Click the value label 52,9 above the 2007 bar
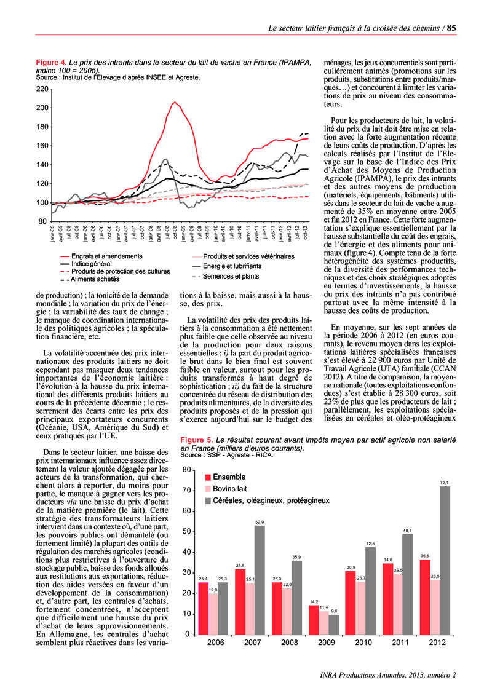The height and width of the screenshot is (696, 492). [x=260, y=522]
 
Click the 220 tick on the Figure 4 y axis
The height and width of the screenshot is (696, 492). [x=41, y=89]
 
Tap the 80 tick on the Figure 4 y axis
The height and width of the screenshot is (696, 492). [x=43, y=221]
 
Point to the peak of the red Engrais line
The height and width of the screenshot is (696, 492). [x=175, y=102]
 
